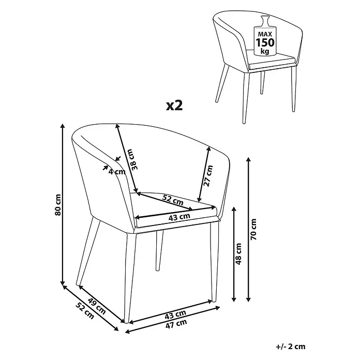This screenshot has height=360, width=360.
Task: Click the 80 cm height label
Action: pos(58,205)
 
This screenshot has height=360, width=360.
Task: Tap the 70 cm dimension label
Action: pos(253,229)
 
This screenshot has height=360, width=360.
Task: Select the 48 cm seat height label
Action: pos(238,254)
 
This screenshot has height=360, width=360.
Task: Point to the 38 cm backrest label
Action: pos(134,159)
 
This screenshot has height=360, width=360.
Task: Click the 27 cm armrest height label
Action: pos(208,176)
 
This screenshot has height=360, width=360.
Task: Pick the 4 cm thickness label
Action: pos(117,172)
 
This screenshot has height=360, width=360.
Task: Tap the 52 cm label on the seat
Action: pos(173,200)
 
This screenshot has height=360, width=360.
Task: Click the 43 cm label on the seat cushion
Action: pos(179,217)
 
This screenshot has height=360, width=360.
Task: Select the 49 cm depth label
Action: pos(97,306)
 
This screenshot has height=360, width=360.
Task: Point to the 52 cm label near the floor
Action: pos(85,311)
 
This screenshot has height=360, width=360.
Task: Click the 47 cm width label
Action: pos(176,324)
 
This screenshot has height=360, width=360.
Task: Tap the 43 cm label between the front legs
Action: pos(175,315)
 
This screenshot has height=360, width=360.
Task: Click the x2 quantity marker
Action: pos(174,106)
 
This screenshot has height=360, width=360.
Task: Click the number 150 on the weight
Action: pos(265,43)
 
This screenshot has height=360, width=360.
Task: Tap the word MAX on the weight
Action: pos(265,35)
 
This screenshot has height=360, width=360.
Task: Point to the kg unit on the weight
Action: pos(265,51)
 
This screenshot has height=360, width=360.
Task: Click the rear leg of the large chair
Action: pos(159,250)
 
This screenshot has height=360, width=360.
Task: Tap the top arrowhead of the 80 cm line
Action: pos(63,126)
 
